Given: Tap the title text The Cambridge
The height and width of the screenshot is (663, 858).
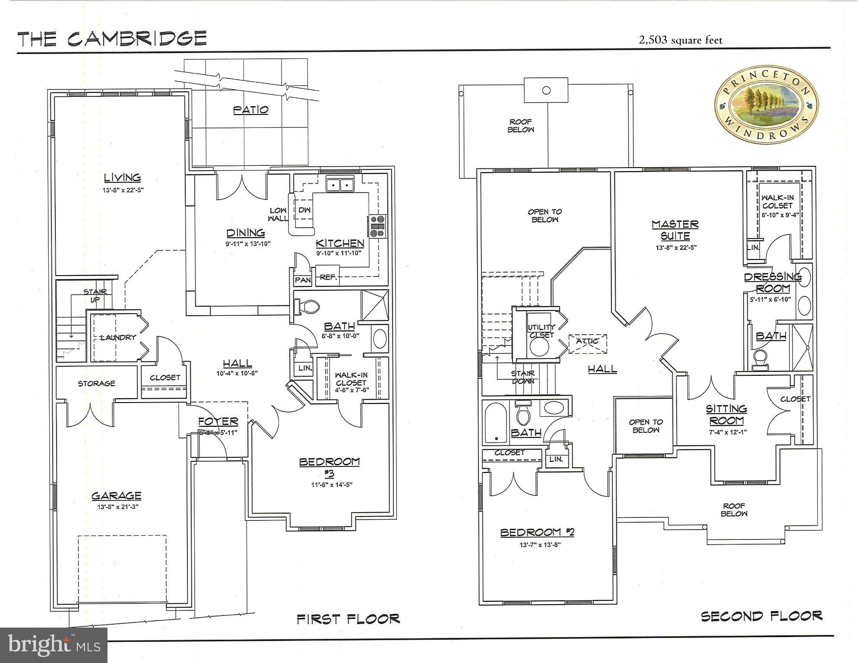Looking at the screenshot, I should point(112,38).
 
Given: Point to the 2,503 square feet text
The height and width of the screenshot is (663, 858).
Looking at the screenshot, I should point(681,41).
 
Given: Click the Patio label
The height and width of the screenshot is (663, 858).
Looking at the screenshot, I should point(251,110).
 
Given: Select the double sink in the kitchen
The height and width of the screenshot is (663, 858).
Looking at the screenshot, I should point(339,185).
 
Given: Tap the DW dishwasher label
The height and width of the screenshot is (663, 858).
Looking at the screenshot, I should point(304,210).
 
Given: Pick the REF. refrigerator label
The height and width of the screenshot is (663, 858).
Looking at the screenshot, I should point(328,277).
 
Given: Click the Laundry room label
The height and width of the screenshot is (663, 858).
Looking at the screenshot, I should point(117,337).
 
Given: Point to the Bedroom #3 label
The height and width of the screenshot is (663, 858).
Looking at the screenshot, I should point(329,466).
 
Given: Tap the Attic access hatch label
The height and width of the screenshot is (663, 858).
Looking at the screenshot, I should point(587,341).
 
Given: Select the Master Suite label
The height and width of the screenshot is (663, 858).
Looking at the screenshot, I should point(675,230).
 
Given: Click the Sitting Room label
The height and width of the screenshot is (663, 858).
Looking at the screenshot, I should point(726,414).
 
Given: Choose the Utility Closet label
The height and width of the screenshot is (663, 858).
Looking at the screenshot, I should point(541,331).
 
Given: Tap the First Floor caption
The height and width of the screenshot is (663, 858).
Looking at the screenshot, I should point(348,619).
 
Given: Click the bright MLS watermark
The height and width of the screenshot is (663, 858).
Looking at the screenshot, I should point(54,645).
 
